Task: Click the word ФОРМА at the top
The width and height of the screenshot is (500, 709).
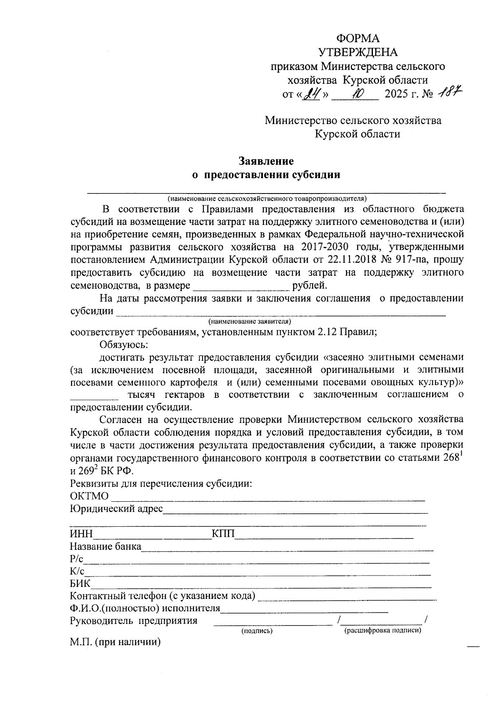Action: point(358,39)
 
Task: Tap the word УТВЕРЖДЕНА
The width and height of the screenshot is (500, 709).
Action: point(358,53)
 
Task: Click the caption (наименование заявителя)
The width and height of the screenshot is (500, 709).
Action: point(249,322)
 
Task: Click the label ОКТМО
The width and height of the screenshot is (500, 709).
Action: point(89,496)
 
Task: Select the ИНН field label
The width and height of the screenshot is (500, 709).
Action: point(81,534)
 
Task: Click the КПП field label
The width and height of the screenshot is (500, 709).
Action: point(223,534)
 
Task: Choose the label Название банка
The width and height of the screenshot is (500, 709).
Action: point(106,546)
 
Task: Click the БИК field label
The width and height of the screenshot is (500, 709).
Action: point(80,583)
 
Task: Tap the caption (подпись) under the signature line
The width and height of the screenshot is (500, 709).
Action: point(257,631)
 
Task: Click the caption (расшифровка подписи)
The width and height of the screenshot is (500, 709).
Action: point(382,630)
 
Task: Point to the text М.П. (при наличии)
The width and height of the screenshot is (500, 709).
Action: point(115,642)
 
